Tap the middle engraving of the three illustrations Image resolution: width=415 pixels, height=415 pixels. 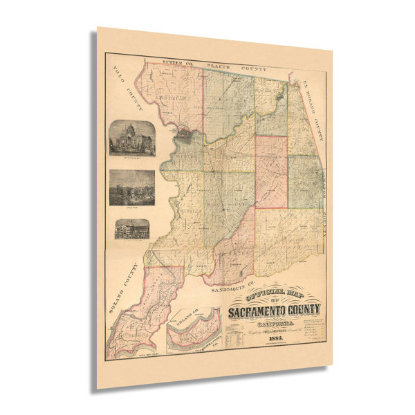(x=131, y=187)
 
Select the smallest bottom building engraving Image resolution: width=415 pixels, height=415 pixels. (x=131, y=229)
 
